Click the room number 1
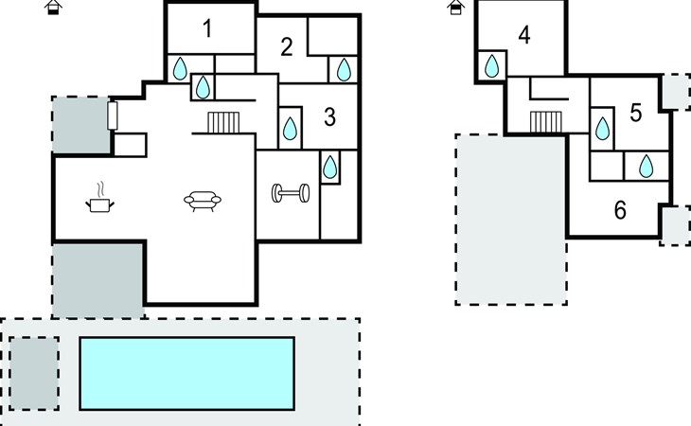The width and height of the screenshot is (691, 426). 207,28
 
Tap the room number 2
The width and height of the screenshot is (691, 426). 287,46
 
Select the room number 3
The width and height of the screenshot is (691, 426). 329,117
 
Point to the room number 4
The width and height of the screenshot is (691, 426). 524,35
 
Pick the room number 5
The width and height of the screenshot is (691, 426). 635,113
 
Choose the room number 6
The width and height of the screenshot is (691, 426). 620,210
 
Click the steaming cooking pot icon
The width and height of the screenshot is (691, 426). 99,198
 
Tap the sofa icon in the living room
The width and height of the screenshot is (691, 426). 203,202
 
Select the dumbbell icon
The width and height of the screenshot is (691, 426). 291,193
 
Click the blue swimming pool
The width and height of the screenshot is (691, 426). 187,374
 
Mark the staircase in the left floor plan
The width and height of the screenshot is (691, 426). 223,122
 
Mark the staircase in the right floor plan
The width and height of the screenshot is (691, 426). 545,122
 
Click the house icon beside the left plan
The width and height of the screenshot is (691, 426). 53,7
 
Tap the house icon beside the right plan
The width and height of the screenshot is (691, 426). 455,7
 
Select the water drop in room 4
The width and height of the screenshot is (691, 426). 491,66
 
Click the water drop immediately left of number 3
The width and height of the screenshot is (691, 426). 290,128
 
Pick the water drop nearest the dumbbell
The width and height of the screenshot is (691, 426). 329,167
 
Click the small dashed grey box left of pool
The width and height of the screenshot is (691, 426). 34,374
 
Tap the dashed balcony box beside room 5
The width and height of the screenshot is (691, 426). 676,92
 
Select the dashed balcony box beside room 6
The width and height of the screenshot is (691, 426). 676,225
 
